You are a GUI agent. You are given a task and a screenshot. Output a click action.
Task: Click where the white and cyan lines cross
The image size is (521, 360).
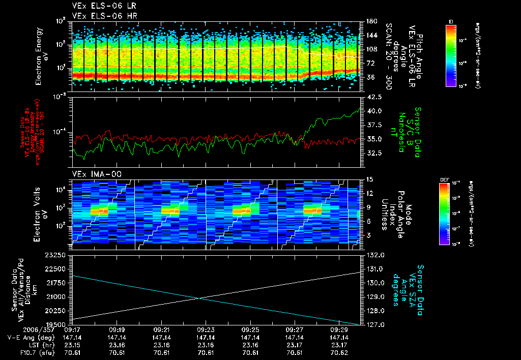199,298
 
